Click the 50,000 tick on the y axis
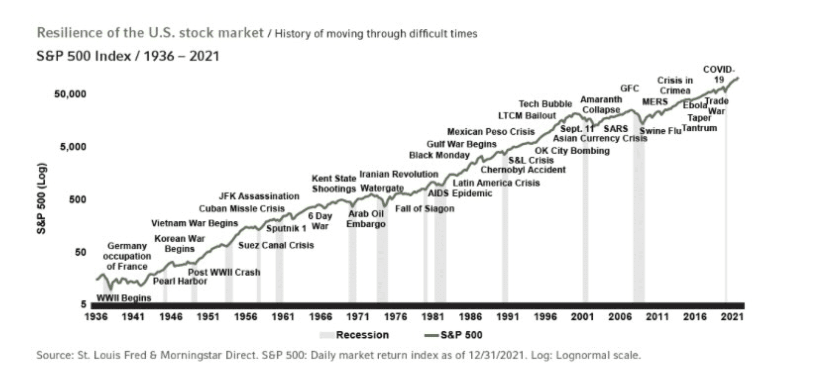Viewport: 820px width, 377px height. [x=70, y=94]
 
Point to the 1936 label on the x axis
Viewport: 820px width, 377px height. [x=96, y=317]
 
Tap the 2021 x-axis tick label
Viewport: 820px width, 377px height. [x=732, y=317]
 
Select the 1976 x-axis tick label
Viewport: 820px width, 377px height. [x=395, y=317]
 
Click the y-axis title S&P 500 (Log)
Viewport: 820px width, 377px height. [x=42, y=198]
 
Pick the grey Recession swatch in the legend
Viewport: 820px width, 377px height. [x=327, y=335]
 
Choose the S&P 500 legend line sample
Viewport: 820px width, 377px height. [x=431, y=335]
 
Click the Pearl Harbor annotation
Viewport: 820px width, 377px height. [x=180, y=281]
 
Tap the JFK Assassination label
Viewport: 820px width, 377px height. [x=259, y=196]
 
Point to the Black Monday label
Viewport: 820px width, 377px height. [x=439, y=155]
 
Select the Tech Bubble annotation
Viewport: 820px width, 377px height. [x=545, y=104]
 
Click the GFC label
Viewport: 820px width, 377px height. [x=629, y=88]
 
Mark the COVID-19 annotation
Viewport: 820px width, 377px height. [x=719, y=75]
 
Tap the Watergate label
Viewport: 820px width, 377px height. [x=382, y=188]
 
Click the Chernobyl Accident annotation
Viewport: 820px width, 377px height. [x=523, y=170]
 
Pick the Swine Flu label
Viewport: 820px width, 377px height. [x=660, y=131]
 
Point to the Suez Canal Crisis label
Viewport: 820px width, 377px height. [x=276, y=245]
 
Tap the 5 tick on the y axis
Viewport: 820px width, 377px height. [x=84, y=304]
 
